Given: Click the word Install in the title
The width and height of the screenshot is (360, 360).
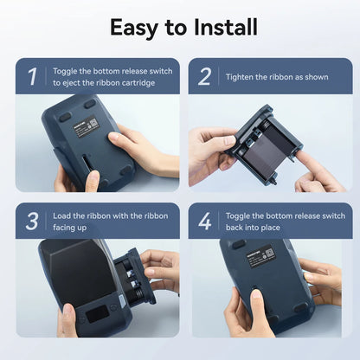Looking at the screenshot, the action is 226,27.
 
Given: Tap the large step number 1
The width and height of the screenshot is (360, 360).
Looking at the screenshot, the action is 32,76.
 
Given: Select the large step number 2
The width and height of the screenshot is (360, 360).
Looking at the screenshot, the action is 204,76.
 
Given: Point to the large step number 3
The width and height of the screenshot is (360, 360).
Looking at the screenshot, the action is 32,222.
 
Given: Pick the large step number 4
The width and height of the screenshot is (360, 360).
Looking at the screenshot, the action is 205,222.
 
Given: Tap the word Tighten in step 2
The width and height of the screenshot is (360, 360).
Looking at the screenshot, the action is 239,77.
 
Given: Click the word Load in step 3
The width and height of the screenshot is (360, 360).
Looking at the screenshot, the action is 61,215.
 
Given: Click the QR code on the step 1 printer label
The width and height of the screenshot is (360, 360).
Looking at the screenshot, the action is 93,124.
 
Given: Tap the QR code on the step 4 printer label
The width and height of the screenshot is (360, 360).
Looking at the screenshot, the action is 269,253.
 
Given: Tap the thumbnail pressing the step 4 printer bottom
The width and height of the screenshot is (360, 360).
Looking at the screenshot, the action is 256,294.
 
